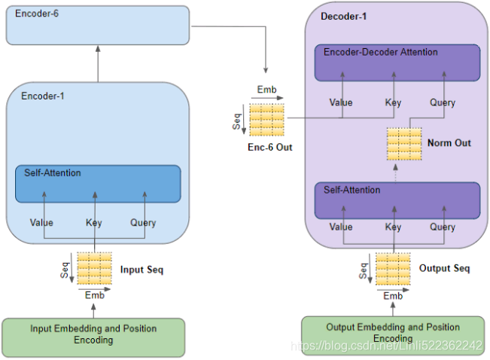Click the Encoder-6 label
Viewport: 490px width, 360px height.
(x=37, y=14)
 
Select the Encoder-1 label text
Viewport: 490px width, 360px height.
(x=43, y=96)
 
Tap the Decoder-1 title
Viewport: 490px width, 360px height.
(x=343, y=17)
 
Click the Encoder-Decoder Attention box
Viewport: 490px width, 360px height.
(x=397, y=63)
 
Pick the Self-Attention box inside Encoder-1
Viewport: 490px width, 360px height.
(x=98, y=184)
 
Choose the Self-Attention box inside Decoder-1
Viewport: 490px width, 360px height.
(x=397, y=200)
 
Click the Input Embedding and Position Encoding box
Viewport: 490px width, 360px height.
(x=93, y=337)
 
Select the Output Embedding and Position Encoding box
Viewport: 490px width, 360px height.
(x=393, y=336)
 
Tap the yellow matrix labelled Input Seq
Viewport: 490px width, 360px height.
(x=94, y=268)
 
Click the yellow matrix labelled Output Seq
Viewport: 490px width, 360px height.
(x=393, y=269)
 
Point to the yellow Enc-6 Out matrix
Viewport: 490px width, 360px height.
(x=267, y=120)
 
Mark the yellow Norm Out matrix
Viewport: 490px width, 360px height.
(x=404, y=144)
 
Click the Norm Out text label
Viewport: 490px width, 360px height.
(x=449, y=143)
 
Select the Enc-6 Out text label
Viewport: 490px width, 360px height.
(x=270, y=148)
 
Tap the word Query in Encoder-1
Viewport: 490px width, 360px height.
(x=143, y=223)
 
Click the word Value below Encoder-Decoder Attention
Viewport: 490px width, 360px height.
(x=341, y=102)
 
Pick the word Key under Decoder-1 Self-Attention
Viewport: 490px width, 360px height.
(x=393, y=227)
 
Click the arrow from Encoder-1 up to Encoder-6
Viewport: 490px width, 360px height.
(x=98, y=64)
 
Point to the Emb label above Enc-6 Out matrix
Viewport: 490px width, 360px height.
(x=267, y=90)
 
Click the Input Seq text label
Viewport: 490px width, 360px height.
(x=142, y=270)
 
